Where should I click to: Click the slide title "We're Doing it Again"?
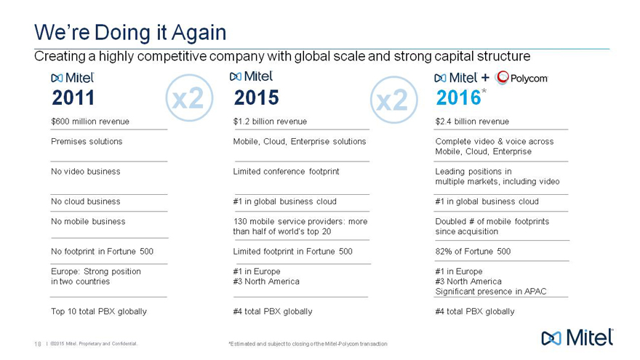coord(131,33)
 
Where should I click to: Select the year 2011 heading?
coord(73,97)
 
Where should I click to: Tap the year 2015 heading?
coord(256,97)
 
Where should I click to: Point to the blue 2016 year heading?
coord(458,97)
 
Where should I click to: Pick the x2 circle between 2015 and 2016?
coord(392,100)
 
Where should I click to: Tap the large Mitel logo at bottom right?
coord(578,337)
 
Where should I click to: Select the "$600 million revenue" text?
coord(90,121)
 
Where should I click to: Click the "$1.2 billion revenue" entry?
coord(270,121)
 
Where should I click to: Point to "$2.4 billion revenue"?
coord(472,121)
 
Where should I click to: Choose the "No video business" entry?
coord(86,172)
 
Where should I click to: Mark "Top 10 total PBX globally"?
coord(99,311)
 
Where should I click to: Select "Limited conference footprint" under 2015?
coord(286,172)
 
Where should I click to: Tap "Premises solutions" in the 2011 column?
coord(87,141)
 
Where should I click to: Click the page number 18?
coord(36,343)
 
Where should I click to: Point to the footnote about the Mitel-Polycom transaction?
coord(307,343)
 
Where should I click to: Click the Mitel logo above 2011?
coord(73,78)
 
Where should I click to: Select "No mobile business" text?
coord(88,221)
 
